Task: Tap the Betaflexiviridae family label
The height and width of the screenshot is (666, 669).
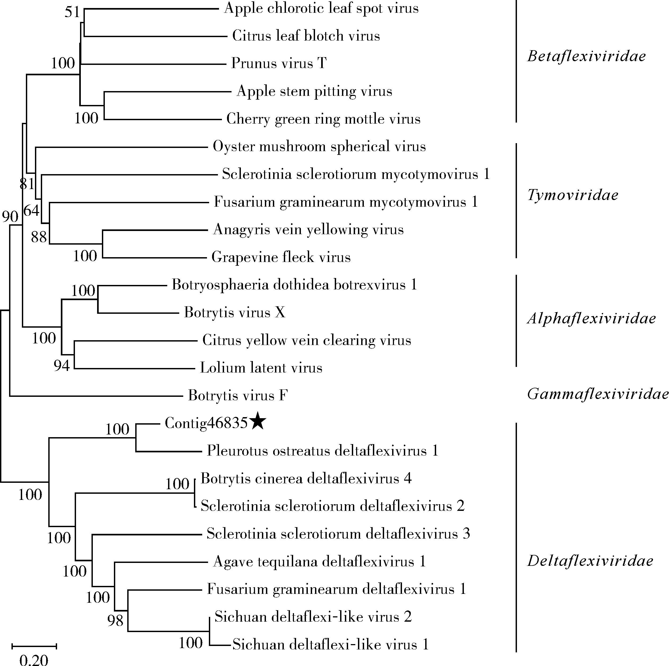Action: click(x=587, y=56)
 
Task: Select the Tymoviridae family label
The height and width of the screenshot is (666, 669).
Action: click(x=573, y=195)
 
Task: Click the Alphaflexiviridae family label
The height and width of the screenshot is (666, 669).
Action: click(x=591, y=318)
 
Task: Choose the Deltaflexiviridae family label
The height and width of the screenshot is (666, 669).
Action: click(x=590, y=560)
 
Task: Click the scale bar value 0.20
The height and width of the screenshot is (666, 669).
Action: click(x=34, y=659)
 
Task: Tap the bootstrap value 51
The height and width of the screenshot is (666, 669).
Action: click(x=72, y=13)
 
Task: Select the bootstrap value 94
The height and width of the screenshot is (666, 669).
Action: click(x=62, y=365)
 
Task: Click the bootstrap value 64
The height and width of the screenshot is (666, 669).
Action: click(x=31, y=210)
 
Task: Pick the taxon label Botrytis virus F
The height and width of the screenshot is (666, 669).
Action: click(x=238, y=395)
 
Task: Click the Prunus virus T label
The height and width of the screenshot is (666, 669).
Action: click(x=279, y=63)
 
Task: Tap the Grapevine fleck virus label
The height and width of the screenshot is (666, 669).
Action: click(x=281, y=257)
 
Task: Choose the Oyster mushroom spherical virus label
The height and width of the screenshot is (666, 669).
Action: click(x=319, y=146)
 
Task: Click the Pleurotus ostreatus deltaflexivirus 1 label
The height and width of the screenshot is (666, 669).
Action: click(x=322, y=451)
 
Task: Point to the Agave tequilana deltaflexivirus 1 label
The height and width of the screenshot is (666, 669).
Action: click(x=319, y=561)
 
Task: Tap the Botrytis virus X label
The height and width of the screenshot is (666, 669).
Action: click(x=234, y=312)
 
